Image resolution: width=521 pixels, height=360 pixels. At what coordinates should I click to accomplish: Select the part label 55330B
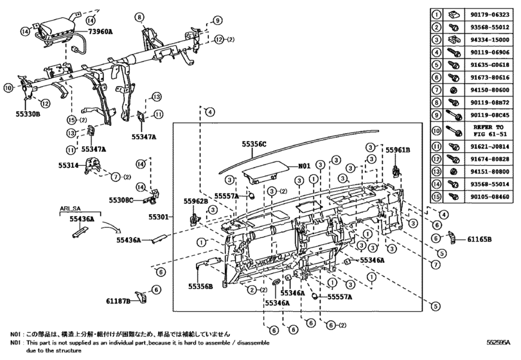(x=28, y=114)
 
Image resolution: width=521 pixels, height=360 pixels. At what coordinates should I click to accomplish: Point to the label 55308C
(x=121, y=200)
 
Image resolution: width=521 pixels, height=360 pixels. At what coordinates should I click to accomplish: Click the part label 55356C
(x=254, y=145)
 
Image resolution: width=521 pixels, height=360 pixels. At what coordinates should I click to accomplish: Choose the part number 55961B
(x=398, y=149)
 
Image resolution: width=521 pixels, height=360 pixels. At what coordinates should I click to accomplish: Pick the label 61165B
(x=479, y=239)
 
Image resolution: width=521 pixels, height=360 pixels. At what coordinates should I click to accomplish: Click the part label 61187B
(x=119, y=300)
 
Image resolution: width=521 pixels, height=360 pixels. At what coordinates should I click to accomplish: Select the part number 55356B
(x=200, y=286)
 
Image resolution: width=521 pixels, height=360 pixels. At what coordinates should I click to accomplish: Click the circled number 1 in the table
(x=436, y=14)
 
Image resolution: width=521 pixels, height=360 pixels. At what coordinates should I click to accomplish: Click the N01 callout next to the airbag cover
(x=304, y=165)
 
